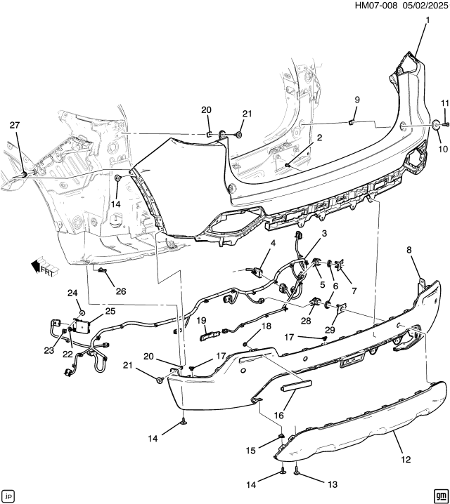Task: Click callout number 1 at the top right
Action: click(x=426, y=20)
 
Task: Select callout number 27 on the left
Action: click(x=15, y=125)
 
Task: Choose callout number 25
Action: click(x=110, y=311)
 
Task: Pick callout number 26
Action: click(x=120, y=291)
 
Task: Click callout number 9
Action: click(x=356, y=100)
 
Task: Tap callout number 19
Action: click(x=200, y=321)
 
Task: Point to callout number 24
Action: click(x=72, y=293)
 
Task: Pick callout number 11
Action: click(x=444, y=104)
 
